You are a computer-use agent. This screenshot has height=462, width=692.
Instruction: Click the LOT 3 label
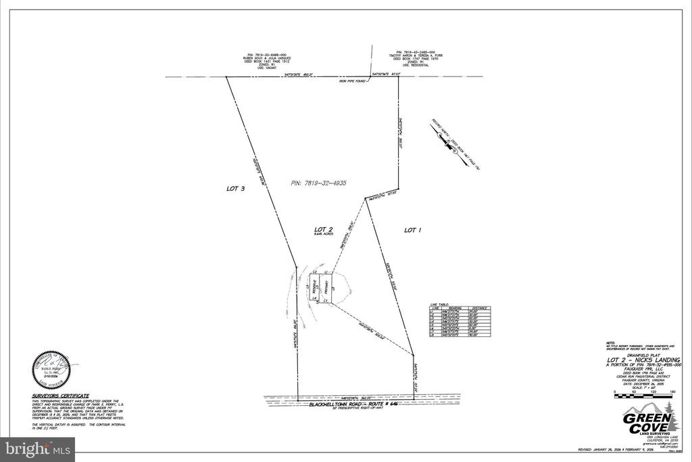pyautogui.click(x=234, y=189)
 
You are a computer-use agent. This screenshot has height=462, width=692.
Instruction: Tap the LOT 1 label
pyautogui.click(x=412, y=230)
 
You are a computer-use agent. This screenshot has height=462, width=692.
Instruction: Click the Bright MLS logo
pyautogui.click(x=39, y=448)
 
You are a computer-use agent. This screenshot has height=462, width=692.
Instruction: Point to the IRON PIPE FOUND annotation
pyautogui.click(x=351, y=81)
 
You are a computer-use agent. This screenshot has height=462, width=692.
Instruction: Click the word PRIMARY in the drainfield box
pyautogui.click(x=324, y=287)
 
